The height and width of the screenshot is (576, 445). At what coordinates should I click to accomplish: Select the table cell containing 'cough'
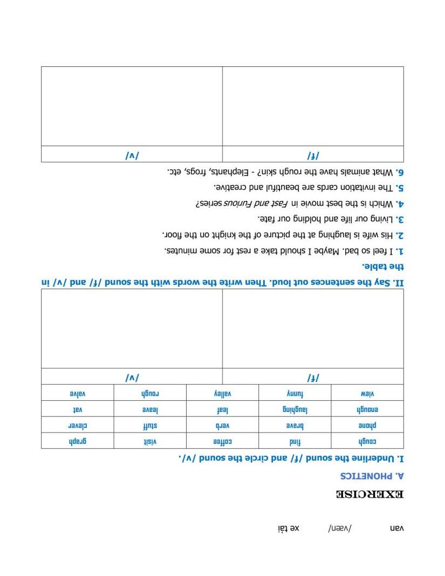pos(368,441)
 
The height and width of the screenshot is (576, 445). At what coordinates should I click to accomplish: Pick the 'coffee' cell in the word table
pos(223,441)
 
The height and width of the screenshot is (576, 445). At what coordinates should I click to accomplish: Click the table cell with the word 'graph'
pos(77,441)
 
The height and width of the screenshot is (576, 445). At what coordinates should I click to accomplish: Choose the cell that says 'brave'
pos(295,425)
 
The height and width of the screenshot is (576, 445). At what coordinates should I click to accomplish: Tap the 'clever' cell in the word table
pos(77,425)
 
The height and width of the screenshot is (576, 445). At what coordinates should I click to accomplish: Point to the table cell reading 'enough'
pos(368,409)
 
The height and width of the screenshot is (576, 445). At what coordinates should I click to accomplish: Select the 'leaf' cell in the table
pos(223,409)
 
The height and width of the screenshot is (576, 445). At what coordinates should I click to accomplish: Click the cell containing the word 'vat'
pos(77,409)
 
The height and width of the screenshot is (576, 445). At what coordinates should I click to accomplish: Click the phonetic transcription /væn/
pos(339,529)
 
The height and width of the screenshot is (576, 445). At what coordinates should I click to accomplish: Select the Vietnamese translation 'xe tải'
pos(287,529)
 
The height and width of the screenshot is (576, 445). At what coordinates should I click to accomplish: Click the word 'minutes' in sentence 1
pos(180,251)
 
